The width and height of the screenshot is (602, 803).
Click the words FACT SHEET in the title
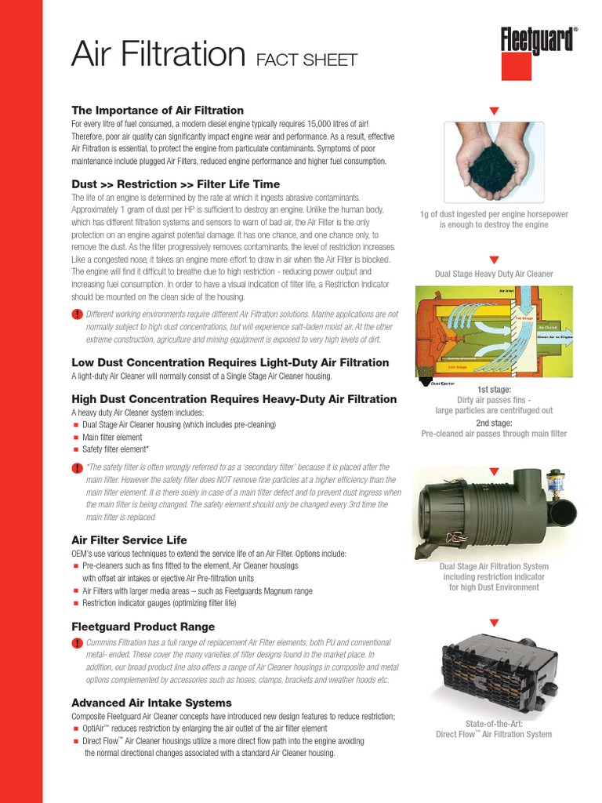306,60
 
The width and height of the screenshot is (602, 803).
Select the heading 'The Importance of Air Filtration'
158,111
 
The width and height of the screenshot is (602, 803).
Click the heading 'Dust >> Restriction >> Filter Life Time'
176,184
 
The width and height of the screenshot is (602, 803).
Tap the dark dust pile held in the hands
493,162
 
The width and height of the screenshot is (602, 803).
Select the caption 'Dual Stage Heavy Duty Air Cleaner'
494,274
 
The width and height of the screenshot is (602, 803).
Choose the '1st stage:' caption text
494,390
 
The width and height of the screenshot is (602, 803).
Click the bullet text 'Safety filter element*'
115,450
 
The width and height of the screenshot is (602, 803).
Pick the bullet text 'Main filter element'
112,438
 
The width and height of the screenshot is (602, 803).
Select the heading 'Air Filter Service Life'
129,540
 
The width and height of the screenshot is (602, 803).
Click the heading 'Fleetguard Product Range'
143,627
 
